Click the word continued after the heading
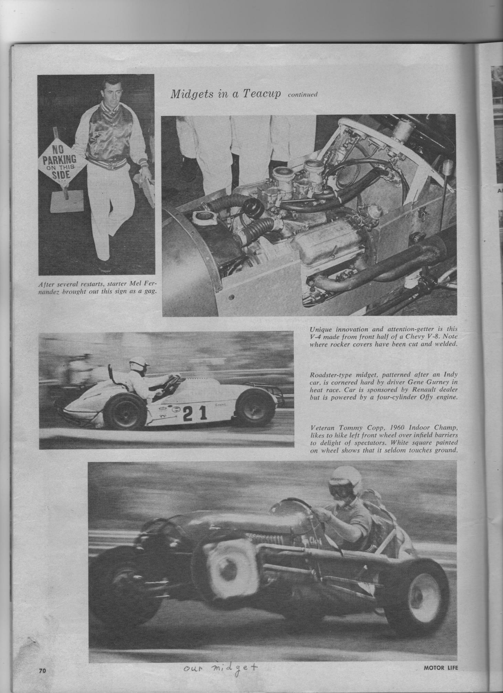click(x=303, y=95)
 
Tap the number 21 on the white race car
click(x=195, y=413)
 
